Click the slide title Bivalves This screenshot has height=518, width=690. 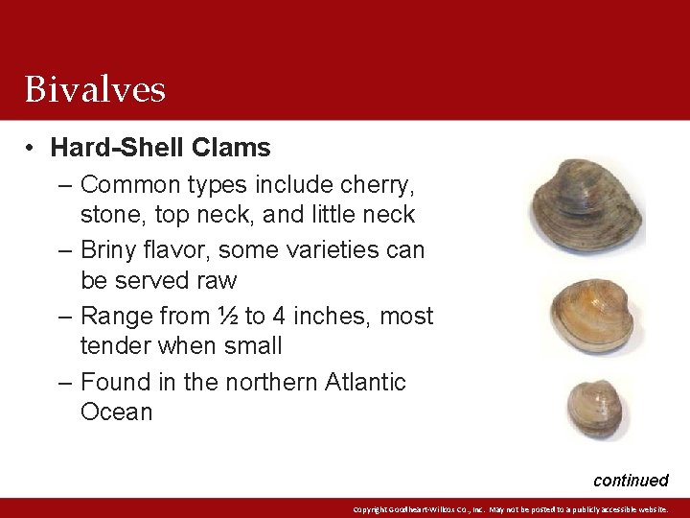[95, 89]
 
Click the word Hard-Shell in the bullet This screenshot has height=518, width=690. [117, 148]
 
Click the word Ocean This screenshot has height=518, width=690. [116, 412]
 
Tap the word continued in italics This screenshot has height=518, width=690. [630, 480]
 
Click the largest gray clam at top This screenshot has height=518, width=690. [586, 203]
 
